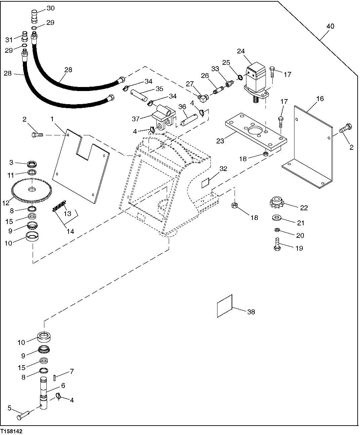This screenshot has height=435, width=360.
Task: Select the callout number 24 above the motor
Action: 241,51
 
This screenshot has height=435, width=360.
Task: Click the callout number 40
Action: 330,26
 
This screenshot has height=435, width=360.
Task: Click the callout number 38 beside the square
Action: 251,312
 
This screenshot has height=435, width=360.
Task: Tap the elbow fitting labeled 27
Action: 202,98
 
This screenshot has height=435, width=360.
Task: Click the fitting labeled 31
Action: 24,35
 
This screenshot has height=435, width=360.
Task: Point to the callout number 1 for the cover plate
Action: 52,119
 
